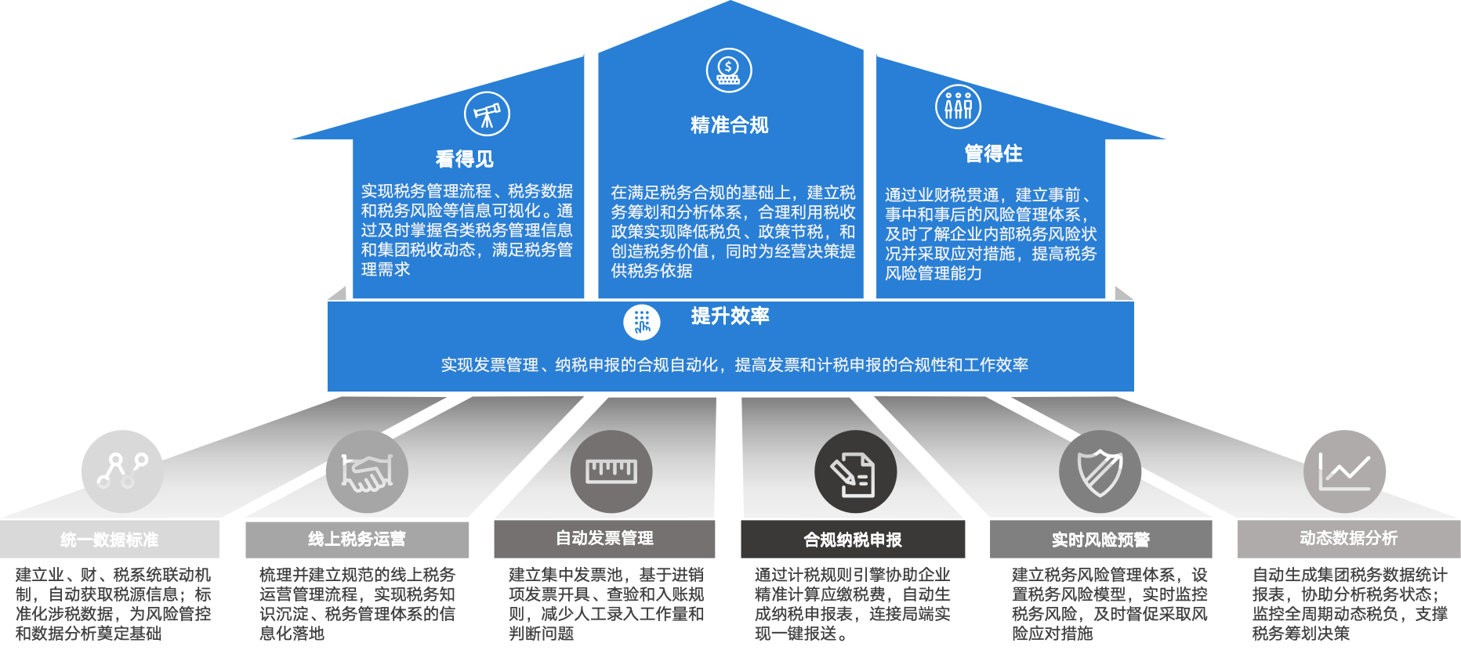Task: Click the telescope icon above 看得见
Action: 487,114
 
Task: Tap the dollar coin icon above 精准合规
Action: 729,70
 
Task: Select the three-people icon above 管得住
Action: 958,106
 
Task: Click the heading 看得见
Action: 465,159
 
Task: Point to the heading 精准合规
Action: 729,125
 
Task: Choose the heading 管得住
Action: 993,153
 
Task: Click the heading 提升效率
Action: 730,316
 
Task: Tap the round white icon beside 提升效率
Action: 642,322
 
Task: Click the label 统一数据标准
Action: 110,540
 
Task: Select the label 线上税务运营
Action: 357,539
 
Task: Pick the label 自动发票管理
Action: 604,538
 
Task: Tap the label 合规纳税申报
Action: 853,540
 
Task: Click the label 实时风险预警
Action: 1100,540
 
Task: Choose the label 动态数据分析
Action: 1348,538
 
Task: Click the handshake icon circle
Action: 367,471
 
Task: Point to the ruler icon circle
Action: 611,471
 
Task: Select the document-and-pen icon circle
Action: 855,472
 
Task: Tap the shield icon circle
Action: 1100,471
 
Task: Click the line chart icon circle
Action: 1344,471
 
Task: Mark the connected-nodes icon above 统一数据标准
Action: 122,471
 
